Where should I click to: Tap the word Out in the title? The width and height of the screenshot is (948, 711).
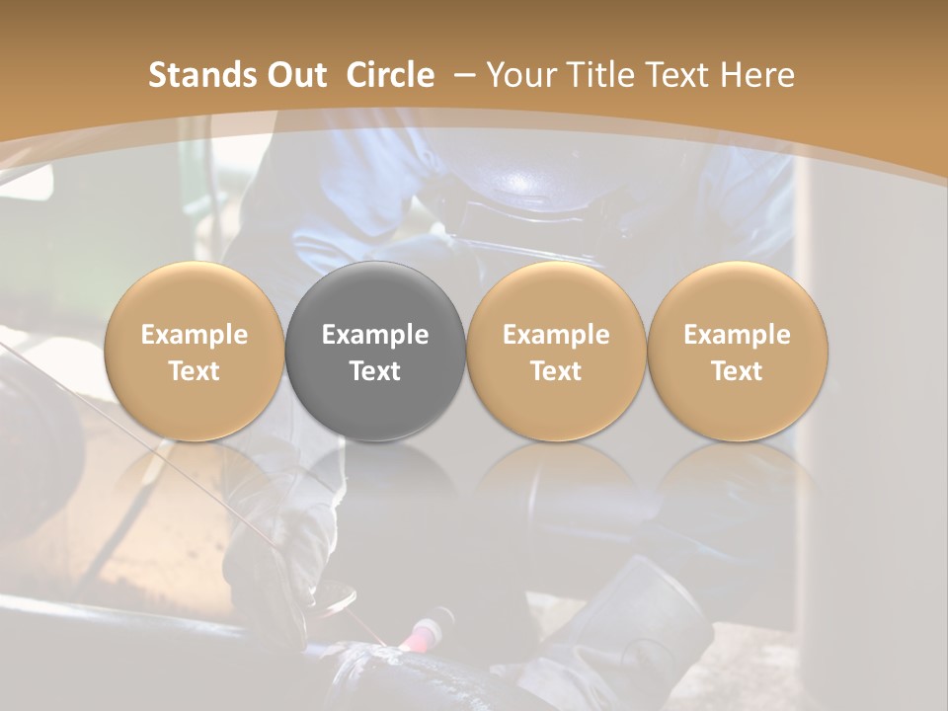[x=294, y=75]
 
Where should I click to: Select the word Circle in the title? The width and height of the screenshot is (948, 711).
[x=390, y=75]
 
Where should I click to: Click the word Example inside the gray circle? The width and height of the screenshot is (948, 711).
[x=375, y=335]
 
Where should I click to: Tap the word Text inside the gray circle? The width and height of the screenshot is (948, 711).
[x=375, y=371]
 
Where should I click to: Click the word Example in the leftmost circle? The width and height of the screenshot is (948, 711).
[x=195, y=335]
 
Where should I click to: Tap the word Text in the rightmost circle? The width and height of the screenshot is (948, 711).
[x=738, y=371]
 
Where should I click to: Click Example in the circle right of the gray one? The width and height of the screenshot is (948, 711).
[x=556, y=335]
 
